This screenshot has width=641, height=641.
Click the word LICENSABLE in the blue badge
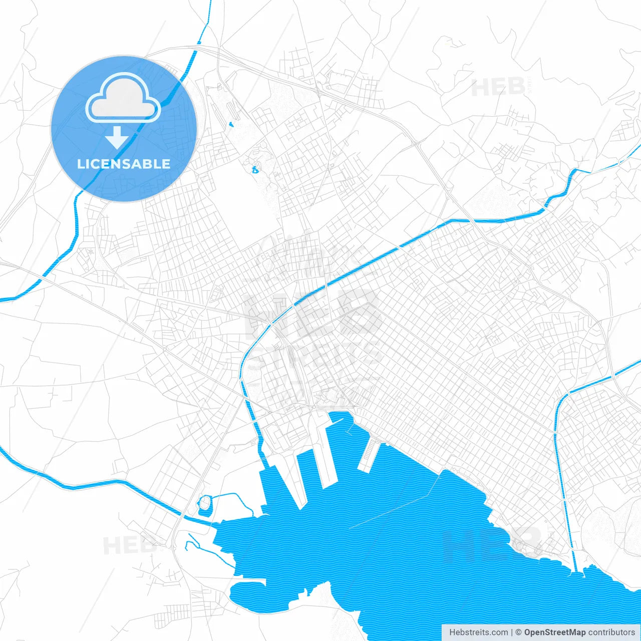pyautogui.click(x=124, y=164)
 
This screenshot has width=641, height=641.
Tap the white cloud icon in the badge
pyautogui.click(x=123, y=98)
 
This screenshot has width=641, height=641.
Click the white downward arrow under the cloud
pyautogui.click(x=117, y=138)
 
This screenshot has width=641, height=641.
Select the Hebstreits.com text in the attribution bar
pyautogui.click(x=478, y=632)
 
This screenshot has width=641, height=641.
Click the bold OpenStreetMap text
pyautogui.click(x=554, y=632)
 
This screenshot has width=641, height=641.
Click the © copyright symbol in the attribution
pyautogui.click(x=518, y=632)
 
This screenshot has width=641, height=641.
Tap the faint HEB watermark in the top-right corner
pyautogui.click(x=498, y=88)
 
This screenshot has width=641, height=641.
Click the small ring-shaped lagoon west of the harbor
pyautogui.click(x=204, y=505)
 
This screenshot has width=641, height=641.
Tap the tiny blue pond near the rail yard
pyautogui.click(x=231, y=124)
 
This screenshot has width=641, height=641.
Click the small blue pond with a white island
pyautogui.click(x=255, y=170)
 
